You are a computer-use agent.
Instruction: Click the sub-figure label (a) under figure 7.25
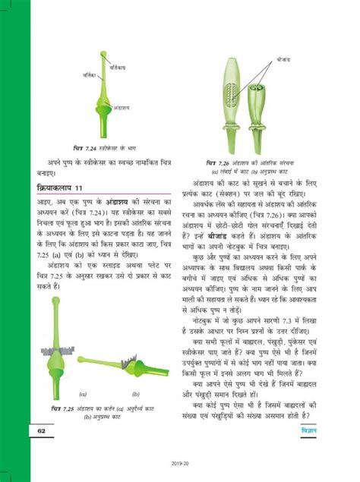[81, 395]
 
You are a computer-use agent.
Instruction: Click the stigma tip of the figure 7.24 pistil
[103, 53]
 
